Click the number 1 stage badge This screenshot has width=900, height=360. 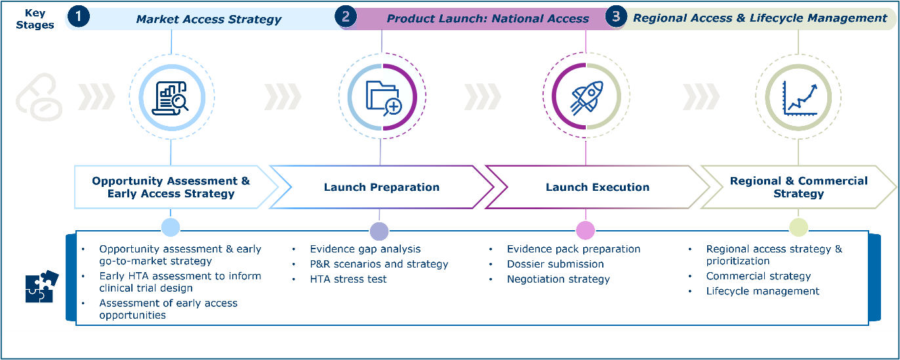point(79,17)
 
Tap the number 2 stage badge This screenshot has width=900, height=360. point(346,17)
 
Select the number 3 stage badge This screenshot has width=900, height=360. point(615,17)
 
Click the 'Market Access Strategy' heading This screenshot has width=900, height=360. point(209,19)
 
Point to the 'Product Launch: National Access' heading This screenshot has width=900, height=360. point(487,19)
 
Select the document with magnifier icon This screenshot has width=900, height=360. point(171,97)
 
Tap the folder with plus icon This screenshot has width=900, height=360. point(383,96)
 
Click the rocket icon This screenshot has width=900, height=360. point(586,96)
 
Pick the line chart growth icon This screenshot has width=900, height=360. point(798,96)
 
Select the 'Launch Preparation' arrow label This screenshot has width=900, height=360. point(381,188)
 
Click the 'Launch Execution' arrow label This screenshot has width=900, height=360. point(597,188)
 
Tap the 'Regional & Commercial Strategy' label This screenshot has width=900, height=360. point(798,187)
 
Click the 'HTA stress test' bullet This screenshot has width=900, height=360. point(348,279)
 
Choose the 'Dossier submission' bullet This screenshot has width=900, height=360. point(555,264)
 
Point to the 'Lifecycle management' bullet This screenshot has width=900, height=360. point(762,291)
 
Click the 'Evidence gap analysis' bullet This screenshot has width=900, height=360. point(365,249)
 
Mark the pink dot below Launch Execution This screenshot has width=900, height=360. point(585,230)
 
